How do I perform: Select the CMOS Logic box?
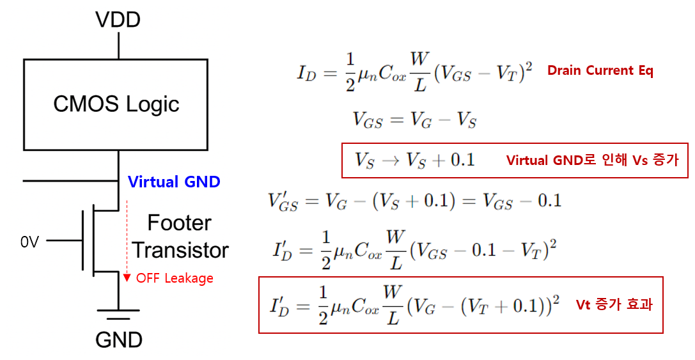(x=116, y=105)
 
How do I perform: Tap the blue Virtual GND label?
(x=174, y=182)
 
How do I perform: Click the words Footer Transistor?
(x=180, y=237)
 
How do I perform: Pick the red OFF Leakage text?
(x=175, y=278)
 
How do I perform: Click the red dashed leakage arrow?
(x=127, y=237)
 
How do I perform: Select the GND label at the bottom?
(x=118, y=340)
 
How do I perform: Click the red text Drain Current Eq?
(x=600, y=71)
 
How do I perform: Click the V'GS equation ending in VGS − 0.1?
(x=414, y=201)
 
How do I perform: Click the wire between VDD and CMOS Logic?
(x=118, y=45)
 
